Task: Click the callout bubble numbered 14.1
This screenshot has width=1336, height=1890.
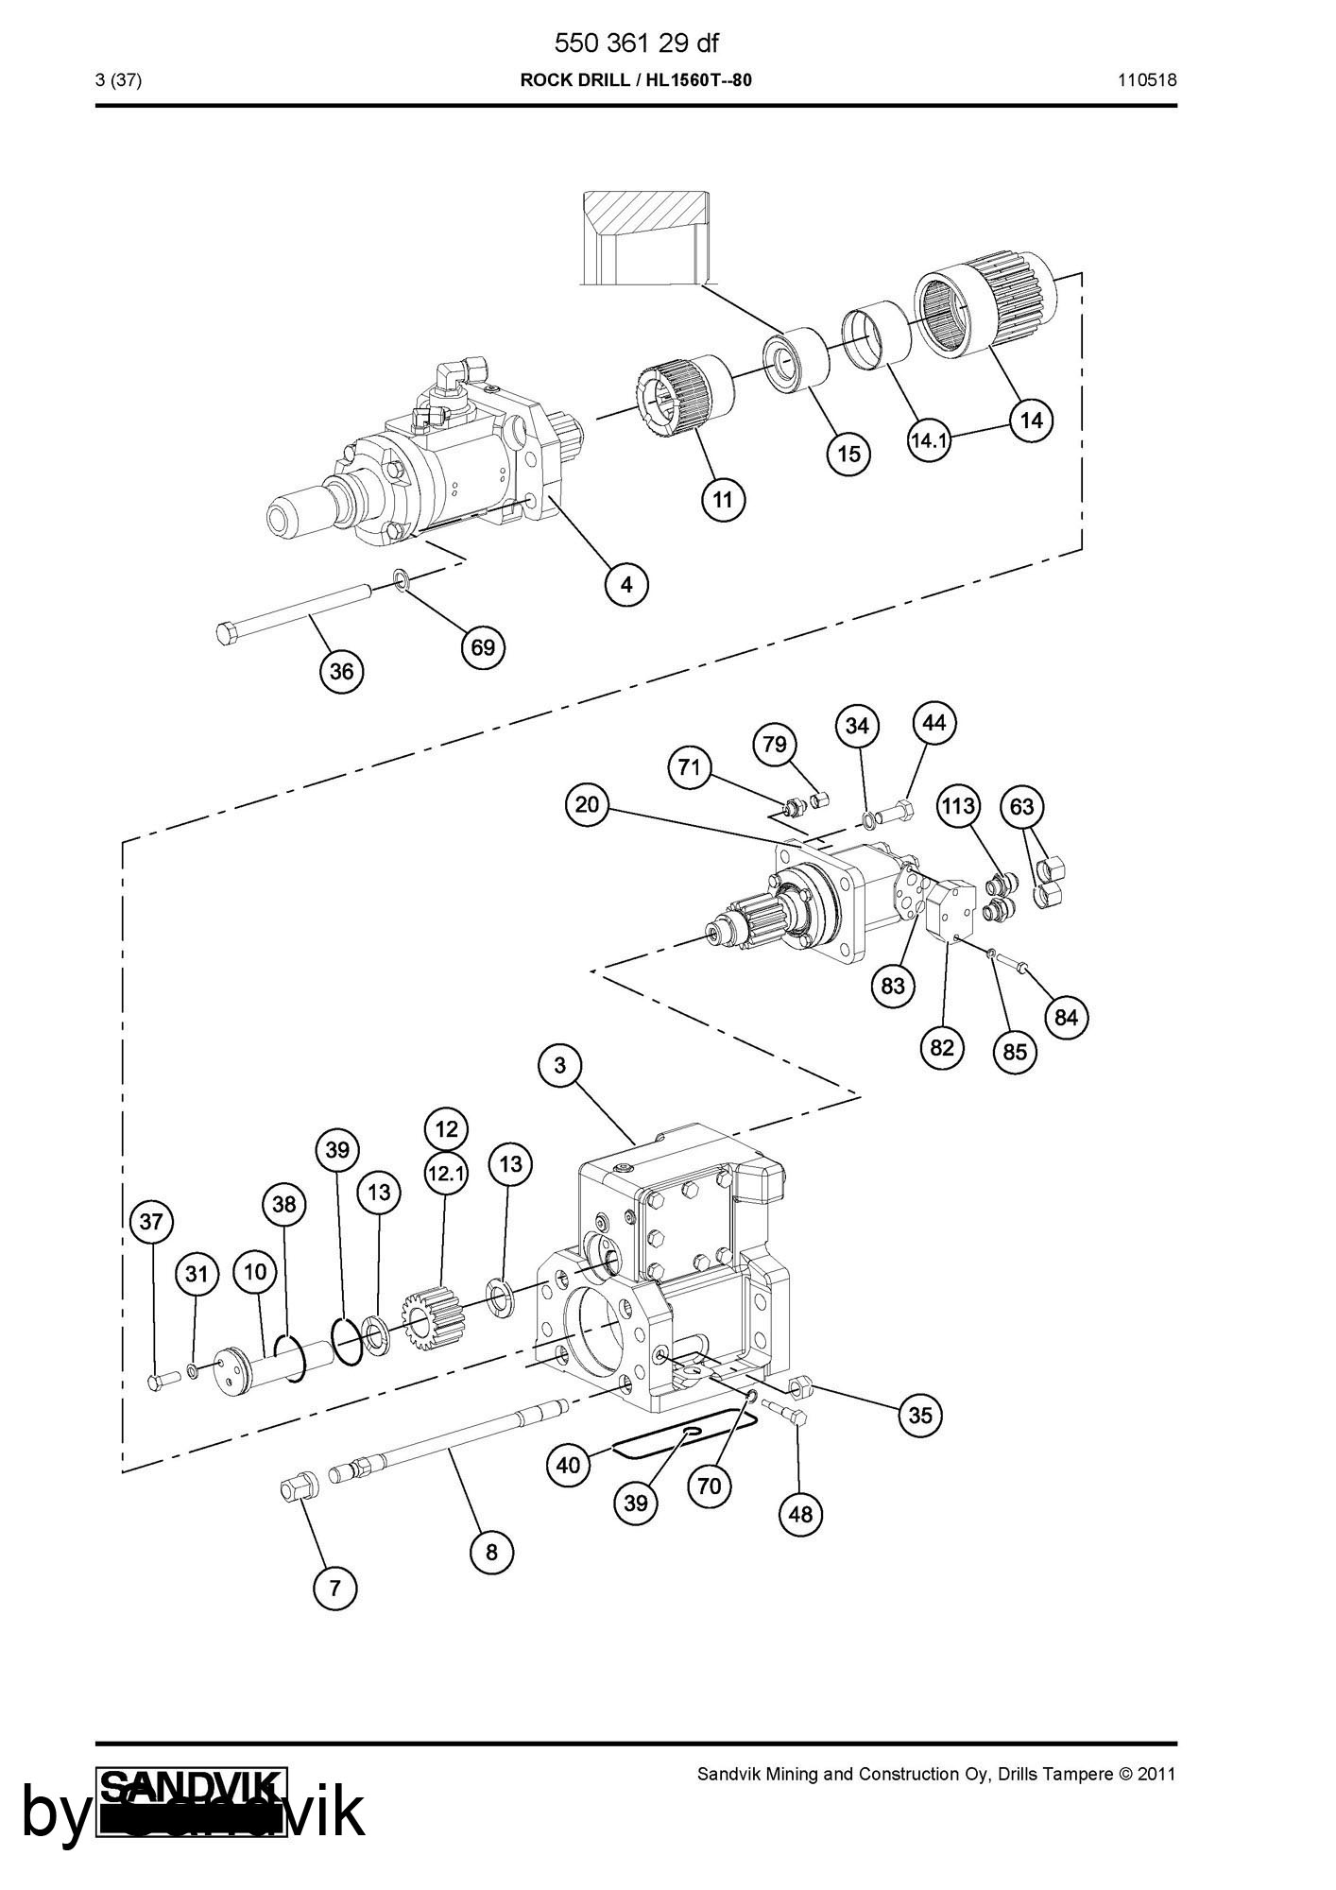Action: tap(930, 440)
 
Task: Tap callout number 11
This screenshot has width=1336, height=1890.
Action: tap(723, 499)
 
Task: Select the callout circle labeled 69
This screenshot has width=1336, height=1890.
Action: tap(483, 647)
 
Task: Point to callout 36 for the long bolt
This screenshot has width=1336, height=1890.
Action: tap(341, 671)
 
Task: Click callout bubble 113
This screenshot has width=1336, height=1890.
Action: tap(958, 806)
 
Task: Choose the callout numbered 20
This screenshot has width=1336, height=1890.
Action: tap(587, 805)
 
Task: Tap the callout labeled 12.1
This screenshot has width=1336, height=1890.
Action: tap(446, 1174)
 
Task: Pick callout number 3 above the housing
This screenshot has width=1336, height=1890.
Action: tap(560, 1066)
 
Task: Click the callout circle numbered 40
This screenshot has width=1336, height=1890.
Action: tap(569, 1466)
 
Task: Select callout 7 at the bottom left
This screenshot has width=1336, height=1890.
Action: tap(335, 1589)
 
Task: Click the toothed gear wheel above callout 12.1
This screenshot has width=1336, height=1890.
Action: tap(431, 1318)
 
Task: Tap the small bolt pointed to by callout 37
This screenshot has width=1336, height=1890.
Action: tap(163, 1381)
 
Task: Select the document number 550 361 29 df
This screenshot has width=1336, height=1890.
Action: tap(636, 43)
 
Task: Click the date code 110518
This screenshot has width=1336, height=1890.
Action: tap(1148, 80)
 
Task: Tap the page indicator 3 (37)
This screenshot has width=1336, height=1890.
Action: tap(119, 80)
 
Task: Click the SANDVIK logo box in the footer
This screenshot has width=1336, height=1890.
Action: tap(192, 1802)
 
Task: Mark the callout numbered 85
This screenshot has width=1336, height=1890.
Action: tap(1015, 1052)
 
